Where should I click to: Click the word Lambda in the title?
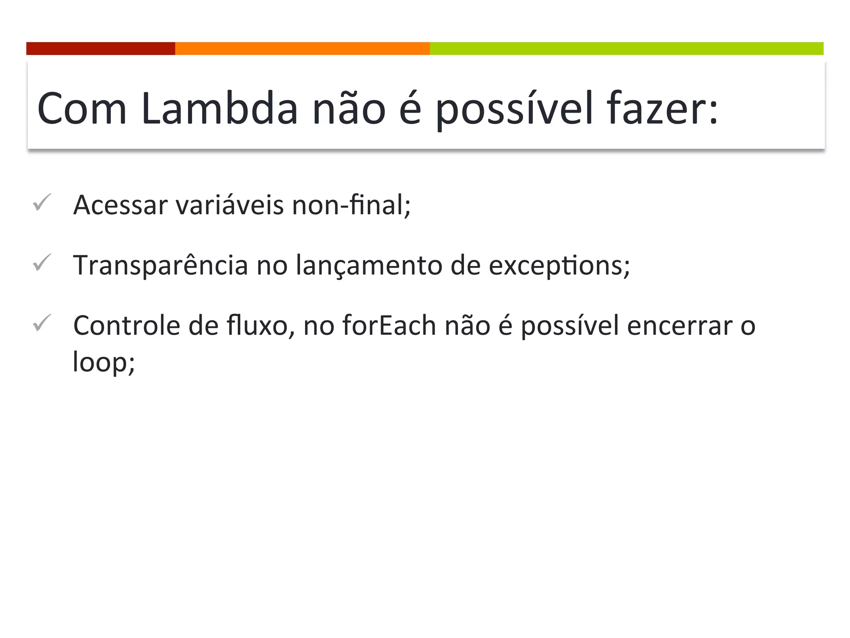[219, 109]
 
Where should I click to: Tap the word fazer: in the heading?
[662, 109]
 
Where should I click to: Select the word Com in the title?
[82, 109]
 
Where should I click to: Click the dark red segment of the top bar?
[100, 49]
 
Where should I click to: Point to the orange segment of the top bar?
[302, 49]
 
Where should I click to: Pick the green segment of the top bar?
[626, 49]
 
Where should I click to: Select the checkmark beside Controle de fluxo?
[42, 323]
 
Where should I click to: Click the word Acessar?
[120, 205]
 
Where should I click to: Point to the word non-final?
[351, 205]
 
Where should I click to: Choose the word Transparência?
[160, 265]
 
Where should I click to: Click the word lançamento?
[369, 265]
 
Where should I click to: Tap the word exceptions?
[559, 265]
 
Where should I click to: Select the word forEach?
[389, 326]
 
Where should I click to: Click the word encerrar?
[679, 326]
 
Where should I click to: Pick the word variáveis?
[230, 205]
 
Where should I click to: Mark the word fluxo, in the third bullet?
[261, 326]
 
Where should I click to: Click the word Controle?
[127, 326]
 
